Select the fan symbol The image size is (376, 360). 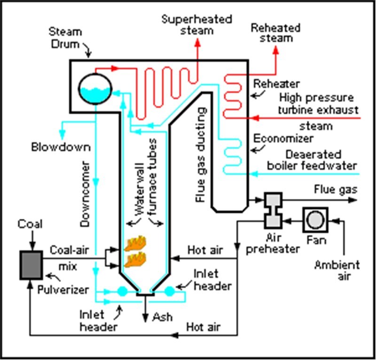click(315, 219)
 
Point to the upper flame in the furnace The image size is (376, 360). click(136, 243)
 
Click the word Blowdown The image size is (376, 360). click(61, 147)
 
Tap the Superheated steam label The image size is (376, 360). click(197, 25)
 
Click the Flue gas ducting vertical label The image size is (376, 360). click(201, 155)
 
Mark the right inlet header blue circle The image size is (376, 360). click(169, 291)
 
